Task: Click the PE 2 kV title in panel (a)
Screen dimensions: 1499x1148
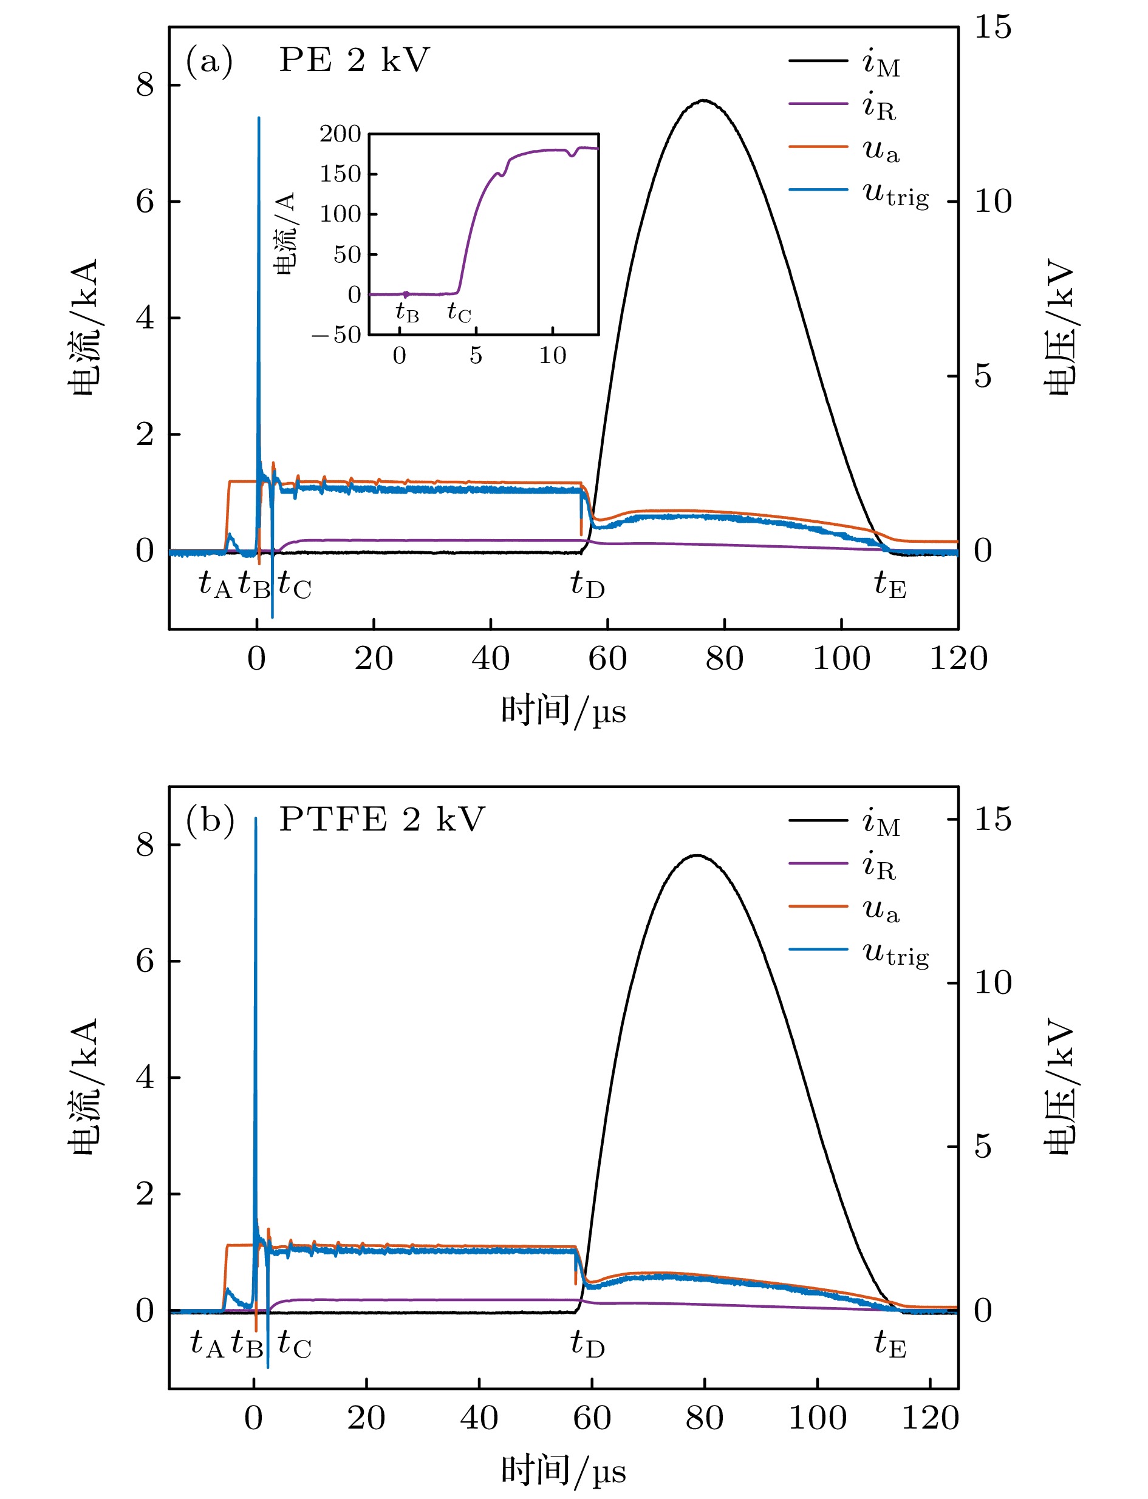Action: (x=354, y=60)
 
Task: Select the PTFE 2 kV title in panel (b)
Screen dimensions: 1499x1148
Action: (x=381, y=819)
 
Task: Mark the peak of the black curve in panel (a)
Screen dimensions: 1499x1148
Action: (x=704, y=100)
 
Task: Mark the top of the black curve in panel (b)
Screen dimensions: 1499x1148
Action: (x=697, y=855)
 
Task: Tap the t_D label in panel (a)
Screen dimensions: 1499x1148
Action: (x=588, y=585)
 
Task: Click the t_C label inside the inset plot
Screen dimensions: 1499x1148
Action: (x=459, y=313)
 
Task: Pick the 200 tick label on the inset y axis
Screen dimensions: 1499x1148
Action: (x=340, y=134)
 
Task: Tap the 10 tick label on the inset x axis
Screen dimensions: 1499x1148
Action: (x=552, y=356)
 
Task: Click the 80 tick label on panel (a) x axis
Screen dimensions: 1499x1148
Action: (x=724, y=659)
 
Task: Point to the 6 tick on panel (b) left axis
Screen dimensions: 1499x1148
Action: (x=145, y=961)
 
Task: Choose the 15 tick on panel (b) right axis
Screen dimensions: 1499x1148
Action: (x=993, y=818)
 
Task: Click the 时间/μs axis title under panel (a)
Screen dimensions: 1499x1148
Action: (x=563, y=711)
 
